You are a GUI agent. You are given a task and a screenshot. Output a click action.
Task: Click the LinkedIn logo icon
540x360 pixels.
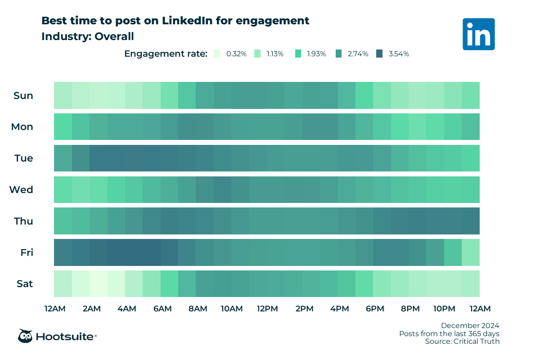coord(478,34)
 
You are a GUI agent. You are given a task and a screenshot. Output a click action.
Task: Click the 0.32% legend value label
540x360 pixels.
coord(236,54)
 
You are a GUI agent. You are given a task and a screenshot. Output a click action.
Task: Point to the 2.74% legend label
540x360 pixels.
coord(358,54)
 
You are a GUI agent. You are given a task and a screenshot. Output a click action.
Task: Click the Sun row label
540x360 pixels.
coord(23,95)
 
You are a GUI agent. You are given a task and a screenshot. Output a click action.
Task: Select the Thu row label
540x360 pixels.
coord(23,221)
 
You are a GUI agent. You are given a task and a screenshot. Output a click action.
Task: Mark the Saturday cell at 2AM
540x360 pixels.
coord(99,284)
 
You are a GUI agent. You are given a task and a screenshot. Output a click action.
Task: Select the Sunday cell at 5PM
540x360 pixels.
coord(364,95)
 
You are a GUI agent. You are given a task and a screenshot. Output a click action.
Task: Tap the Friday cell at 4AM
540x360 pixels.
coord(134,252)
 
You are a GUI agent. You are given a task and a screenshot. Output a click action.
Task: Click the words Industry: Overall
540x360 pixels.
coord(88,36)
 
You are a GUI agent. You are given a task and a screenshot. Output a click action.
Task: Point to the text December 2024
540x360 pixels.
coord(470,325)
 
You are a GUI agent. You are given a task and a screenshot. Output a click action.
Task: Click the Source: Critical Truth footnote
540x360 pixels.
coord(462,342)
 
